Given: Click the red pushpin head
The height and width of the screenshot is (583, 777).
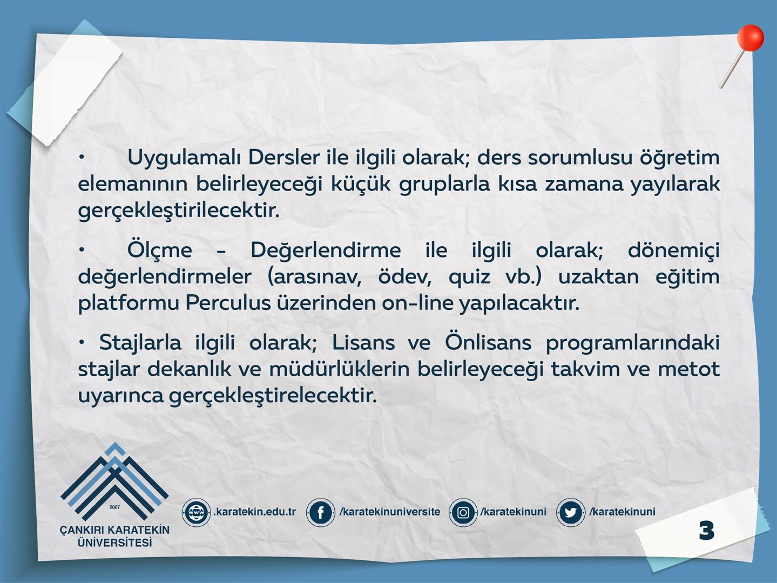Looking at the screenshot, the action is [x=751, y=38].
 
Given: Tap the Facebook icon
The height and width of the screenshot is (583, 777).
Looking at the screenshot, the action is [x=320, y=512].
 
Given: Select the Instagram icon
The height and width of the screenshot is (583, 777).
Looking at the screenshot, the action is [x=463, y=512].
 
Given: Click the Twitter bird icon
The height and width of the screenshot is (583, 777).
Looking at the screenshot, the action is [x=570, y=512].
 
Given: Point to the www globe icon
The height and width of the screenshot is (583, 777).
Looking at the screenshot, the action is [x=196, y=512].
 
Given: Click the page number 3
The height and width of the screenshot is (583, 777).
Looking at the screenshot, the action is [x=707, y=531].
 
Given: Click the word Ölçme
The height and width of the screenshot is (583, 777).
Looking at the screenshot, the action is [x=160, y=250].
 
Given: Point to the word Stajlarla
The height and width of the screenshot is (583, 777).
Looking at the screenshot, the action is [x=140, y=343].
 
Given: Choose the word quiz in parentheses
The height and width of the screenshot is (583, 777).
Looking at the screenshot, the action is [x=469, y=277].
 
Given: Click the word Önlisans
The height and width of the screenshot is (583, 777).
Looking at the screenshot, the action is [x=488, y=342].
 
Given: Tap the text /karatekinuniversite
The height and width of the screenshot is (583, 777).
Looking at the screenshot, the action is [x=390, y=512].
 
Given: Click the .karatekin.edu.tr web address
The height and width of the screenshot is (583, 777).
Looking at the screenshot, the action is [x=255, y=512].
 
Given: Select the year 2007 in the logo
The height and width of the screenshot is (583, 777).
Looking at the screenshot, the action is [x=114, y=507].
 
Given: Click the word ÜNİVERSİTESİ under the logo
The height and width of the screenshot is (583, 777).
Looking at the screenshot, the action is [x=114, y=543].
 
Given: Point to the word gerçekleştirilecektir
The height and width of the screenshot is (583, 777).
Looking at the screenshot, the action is [x=179, y=211].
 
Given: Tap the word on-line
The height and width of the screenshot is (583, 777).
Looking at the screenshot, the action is [x=418, y=303].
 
